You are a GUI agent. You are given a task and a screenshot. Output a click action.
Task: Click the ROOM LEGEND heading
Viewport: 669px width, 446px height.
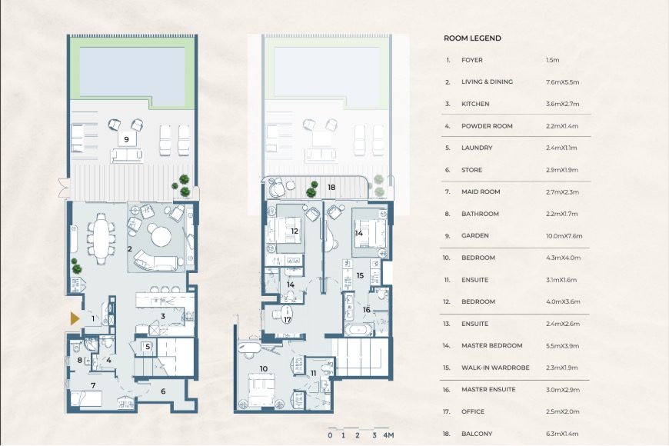pyautogui.click(x=472, y=38)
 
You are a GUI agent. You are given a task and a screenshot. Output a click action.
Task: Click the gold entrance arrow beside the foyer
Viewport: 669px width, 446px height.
pyautogui.click(x=75, y=318)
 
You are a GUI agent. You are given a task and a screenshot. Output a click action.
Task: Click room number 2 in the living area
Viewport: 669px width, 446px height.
pyautogui.click(x=130, y=248)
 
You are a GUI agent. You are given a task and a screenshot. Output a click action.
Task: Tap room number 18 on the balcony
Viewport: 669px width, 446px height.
pyautogui.click(x=331, y=187)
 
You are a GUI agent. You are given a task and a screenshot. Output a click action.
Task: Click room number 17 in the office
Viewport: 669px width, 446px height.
pyautogui.click(x=287, y=320)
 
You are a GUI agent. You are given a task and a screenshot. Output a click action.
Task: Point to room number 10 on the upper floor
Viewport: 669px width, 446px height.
pyautogui.click(x=263, y=369)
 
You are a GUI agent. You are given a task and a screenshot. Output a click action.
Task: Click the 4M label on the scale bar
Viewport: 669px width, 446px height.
pyautogui.click(x=389, y=435)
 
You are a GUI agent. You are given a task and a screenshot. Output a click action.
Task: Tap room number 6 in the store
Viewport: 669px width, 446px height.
pyautogui.click(x=163, y=391)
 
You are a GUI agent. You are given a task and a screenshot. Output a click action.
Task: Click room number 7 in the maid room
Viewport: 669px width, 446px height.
pyautogui.click(x=93, y=385)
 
